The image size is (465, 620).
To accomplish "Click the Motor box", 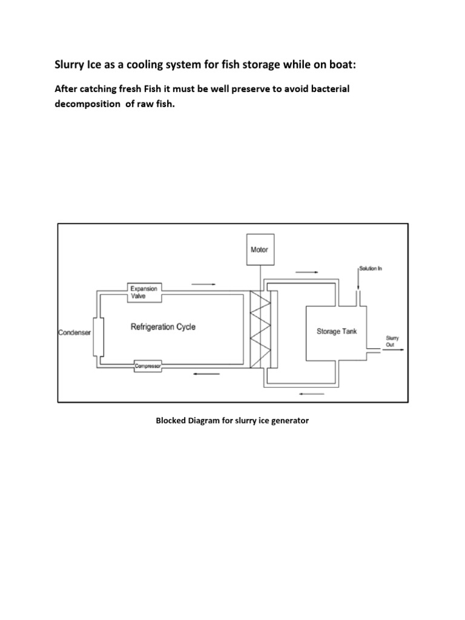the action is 259,249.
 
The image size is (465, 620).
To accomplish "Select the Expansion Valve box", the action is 143,293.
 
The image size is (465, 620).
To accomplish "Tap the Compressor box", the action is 150,364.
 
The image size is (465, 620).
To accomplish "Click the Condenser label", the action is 75,332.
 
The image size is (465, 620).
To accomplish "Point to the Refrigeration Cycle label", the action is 163,327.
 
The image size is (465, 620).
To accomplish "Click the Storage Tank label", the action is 337,331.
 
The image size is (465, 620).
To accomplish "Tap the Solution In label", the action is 372,268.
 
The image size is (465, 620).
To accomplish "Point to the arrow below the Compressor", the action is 206,374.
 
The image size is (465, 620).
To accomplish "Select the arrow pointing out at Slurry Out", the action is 398,350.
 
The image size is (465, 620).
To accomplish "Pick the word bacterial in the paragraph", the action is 327,89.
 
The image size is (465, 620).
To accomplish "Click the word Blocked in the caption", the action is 172,420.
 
